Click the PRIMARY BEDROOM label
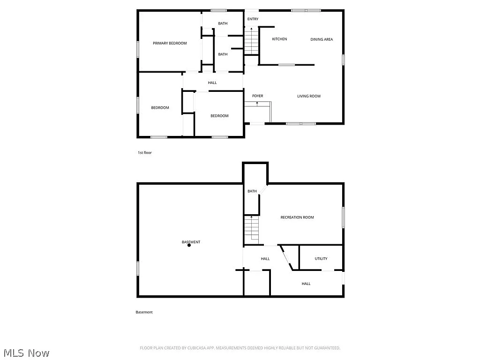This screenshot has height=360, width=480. (x=170, y=43)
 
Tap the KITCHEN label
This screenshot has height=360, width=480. (x=279, y=39)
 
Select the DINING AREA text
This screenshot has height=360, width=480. (x=322, y=39)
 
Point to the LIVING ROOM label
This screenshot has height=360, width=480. (x=309, y=96)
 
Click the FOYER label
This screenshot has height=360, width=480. (x=257, y=96)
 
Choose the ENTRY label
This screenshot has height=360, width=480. (x=253, y=19)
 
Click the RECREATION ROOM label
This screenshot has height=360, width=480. (x=297, y=217)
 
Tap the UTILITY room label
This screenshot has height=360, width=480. (x=321, y=258)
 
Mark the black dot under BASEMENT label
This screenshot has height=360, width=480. (x=189, y=245)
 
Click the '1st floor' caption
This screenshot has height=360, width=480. (x=144, y=153)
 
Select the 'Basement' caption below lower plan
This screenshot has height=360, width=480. (x=144, y=312)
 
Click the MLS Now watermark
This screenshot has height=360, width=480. (x=26, y=352)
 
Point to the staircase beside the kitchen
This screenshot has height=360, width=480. (x=252, y=41)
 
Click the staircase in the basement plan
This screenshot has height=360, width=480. (x=252, y=230)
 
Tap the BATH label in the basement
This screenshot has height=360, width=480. (x=252, y=191)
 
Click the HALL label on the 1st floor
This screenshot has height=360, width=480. (x=212, y=83)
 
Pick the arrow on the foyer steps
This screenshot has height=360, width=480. (x=257, y=104)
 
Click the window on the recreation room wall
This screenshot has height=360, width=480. (x=344, y=217)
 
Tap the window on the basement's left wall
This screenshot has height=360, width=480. (x=138, y=268)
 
